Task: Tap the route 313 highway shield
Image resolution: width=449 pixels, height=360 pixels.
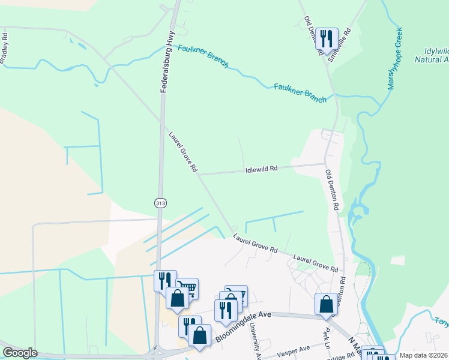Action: tap(160, 203)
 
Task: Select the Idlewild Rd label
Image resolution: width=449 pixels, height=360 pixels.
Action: tap(261, 170)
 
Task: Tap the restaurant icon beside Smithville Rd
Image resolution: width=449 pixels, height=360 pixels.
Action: tap(327, 39)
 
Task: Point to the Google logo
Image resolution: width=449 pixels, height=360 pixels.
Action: tap(20, 353)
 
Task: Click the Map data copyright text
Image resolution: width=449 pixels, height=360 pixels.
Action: tap(424, 355)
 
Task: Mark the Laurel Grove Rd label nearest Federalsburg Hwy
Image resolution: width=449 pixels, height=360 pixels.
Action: tap(183, 152)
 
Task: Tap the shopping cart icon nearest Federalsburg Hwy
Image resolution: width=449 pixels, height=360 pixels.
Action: tap(187, 289)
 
